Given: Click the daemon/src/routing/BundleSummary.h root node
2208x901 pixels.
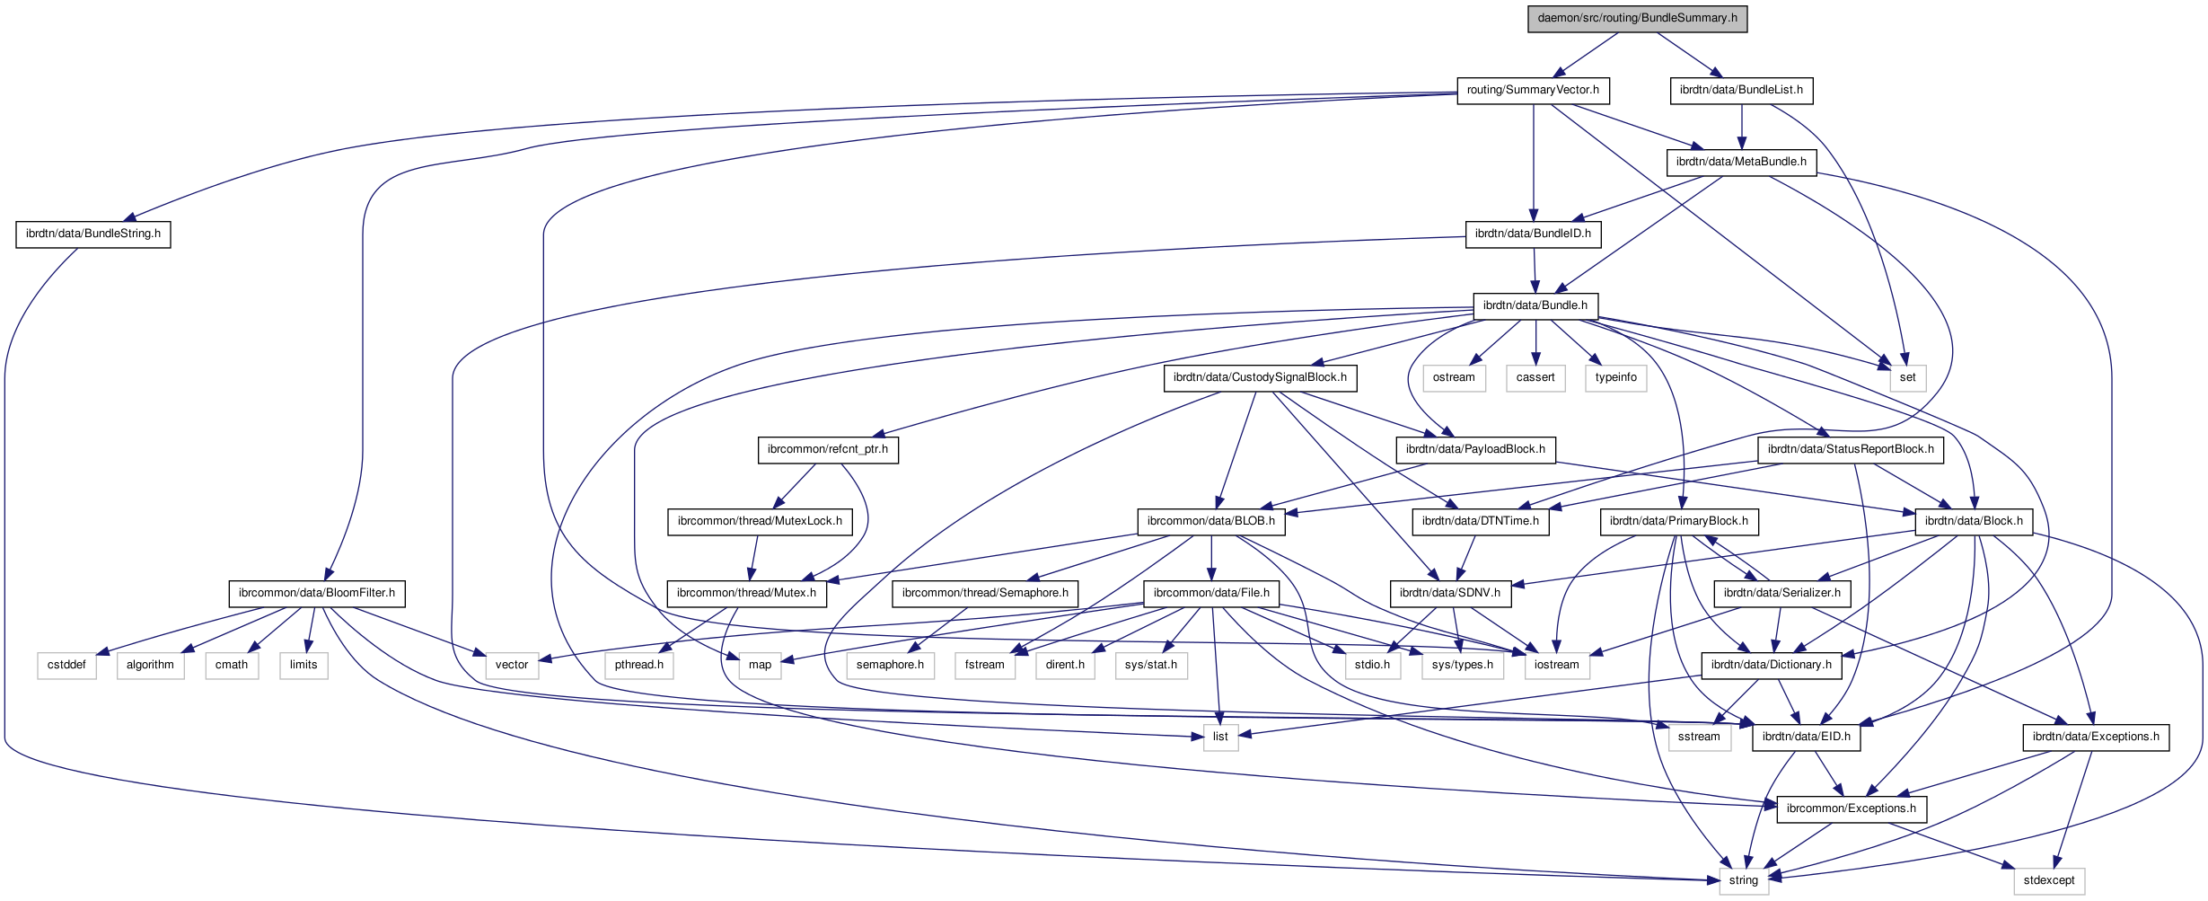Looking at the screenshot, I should tap(1637, 18).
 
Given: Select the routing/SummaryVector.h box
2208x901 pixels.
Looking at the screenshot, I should tap(1533, 90).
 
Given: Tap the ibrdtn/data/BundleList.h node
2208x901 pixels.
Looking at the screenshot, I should tap(1741, 90).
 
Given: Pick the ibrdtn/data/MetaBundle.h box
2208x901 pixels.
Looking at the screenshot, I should tap(1741, 162).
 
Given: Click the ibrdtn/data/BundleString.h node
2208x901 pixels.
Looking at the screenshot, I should tap(93, 234).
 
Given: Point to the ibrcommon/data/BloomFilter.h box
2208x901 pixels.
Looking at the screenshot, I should tap(317, 593).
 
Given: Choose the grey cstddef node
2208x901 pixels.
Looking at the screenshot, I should tap(67, 665).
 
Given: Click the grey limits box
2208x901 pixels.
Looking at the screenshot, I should tap(303, 665).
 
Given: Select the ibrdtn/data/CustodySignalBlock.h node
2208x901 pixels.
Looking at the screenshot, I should tap(1260, 377).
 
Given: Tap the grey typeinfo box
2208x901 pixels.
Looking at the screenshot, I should tap(1615, 377).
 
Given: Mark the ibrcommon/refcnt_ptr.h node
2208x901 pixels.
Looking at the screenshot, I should tap(828, 449).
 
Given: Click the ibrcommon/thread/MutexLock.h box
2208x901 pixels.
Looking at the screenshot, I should tap(760, 521).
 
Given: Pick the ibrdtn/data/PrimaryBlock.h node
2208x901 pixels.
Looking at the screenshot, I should tap(1679, 521).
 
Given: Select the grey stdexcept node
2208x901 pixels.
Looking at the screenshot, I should tap(2049, 880).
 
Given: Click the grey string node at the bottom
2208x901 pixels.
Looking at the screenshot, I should tap(1744, 880).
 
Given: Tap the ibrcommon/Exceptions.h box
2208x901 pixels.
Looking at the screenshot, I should tap(1852, 808).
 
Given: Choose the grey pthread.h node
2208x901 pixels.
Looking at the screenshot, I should tap(639, 665).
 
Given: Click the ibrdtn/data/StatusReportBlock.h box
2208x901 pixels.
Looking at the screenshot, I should tap(1851, 449).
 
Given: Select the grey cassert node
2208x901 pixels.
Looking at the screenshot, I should tap(1535, 377).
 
